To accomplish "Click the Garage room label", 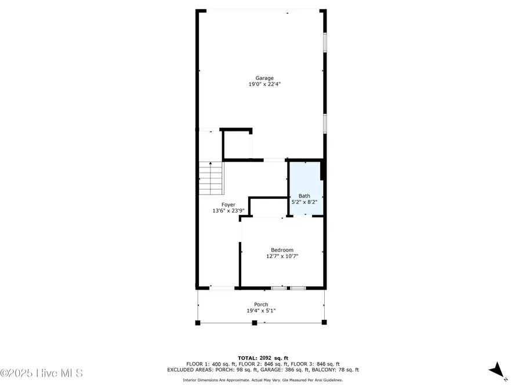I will tap(264, 78).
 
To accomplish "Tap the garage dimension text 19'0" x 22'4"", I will tap(264, 85).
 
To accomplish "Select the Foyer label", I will tap(228, 205).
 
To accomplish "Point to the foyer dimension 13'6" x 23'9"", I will tap(228, 211).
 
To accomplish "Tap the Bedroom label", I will tap(282, 250).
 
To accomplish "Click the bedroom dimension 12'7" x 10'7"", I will tap(282, 256).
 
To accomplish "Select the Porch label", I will tap(261, 305).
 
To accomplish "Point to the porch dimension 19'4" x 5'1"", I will tap(261, 311).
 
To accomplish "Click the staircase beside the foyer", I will tap(211, 178).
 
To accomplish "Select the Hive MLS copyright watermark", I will tap(41, 373).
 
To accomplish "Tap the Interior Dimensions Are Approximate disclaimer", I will tap(263, 380).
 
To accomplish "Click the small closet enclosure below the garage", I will tap(237, 144).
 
